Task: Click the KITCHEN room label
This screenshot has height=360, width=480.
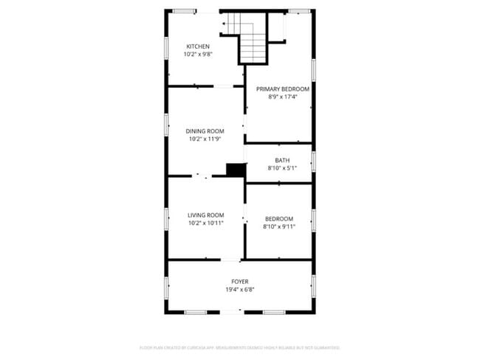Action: [197, 46]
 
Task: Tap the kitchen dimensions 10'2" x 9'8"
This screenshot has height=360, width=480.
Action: [197, 55]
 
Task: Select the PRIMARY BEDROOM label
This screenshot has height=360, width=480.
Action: [282, 89]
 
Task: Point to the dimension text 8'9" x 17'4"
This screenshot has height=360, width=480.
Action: [282, 97]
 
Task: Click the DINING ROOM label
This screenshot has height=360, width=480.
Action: [205, 131]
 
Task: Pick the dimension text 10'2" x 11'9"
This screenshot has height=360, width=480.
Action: [205, 139]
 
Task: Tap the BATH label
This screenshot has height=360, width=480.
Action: [282, 160]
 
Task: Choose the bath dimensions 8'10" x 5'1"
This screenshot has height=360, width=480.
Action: [282, 168]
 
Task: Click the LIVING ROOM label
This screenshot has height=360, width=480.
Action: [205, 215]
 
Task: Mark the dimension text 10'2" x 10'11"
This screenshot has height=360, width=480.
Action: [205, 223]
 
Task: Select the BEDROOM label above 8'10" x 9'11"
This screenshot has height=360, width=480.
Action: [279, 218]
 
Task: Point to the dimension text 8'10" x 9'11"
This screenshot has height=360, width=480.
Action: [279, 226]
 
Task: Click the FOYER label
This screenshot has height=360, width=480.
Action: [240, 281]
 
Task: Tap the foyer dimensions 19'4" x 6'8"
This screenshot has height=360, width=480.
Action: [240, 289]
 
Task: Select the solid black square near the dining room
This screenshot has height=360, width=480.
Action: [236, 170]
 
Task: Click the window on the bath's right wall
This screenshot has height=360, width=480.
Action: [313, 161]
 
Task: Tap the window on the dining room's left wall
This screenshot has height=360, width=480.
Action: [167, 123]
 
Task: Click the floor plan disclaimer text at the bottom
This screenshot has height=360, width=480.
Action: [240, 347]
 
